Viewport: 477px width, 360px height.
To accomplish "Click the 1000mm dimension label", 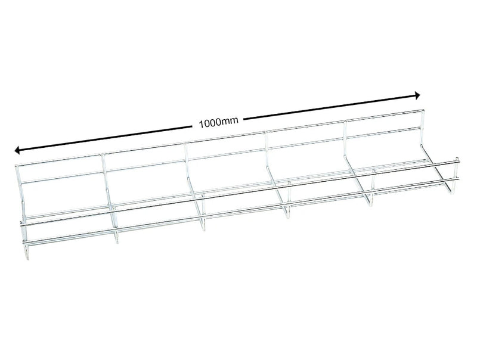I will tap(219, 122).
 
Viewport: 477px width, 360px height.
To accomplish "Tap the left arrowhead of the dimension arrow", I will tap(18, 150).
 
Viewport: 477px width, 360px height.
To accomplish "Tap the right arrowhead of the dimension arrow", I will tap(417, 95).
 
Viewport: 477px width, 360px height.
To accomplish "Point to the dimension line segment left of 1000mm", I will tap(107, 138).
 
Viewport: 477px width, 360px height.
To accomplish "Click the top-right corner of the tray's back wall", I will tap(423, 110).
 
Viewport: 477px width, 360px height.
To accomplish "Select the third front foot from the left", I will tap(203, 226).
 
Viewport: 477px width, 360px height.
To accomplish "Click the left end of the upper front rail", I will tap(22, 225).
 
